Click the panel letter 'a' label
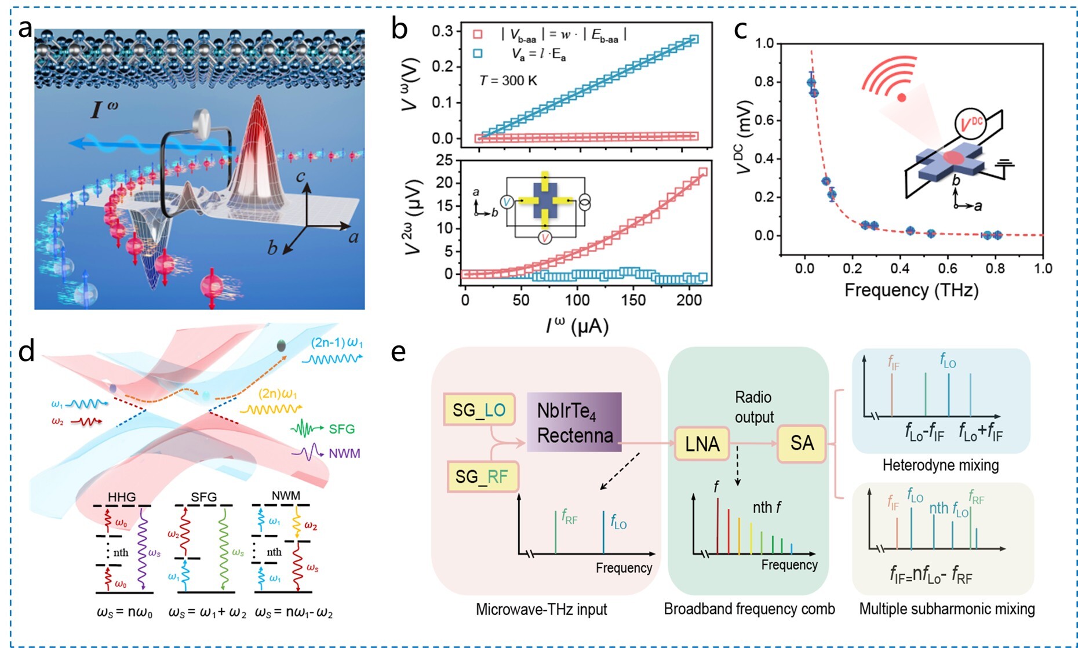pos(25,28)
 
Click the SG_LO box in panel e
pos(479,410)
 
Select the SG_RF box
pos(482,476)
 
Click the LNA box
pos(702,444)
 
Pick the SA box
pos(802,443)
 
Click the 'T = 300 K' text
pos(508,81)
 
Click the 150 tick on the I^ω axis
pos(633,300)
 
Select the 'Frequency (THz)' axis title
pos(911,290)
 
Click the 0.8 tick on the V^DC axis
pos(764,82)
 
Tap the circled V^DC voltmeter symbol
pos(970,124)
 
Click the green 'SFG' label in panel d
pos(341,429)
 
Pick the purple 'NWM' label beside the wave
pos(344,453)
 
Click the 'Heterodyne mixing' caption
pos(940,465)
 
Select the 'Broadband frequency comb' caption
pos(749,609)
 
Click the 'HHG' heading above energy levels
pos(122,497)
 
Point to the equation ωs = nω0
pos(125,613)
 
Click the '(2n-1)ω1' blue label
pos(337,343)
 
